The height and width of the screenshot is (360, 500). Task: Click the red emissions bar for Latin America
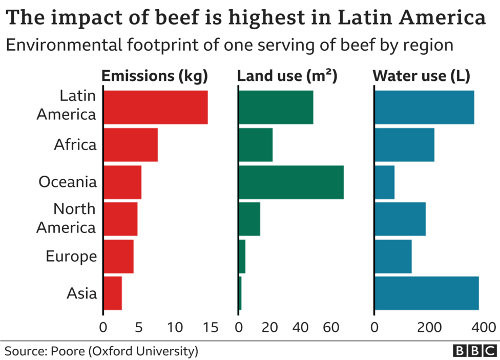click(155, 107)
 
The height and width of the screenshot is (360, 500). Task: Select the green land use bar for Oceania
click(291, 182)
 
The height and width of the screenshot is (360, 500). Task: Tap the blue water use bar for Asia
click(427, 293)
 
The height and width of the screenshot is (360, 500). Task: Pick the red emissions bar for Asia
click(113, 293)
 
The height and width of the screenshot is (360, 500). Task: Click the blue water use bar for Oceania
click(385, 182)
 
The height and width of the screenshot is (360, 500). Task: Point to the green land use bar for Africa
click(256, 145)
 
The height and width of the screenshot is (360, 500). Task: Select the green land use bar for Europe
click(242, 256)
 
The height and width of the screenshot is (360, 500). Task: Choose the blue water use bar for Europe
click(393, 256)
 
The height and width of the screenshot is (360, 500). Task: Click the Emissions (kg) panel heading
click(155, 76)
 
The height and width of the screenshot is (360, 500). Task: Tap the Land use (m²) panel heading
click(287, 76)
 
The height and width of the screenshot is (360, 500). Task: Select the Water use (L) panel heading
click(422, 76)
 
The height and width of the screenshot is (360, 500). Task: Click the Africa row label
click(75, 145)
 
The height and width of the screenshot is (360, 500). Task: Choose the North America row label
click(67, 218)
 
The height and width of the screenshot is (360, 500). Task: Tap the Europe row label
click(71, 256)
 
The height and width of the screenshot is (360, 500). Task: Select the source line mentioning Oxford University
click(101, 351)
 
